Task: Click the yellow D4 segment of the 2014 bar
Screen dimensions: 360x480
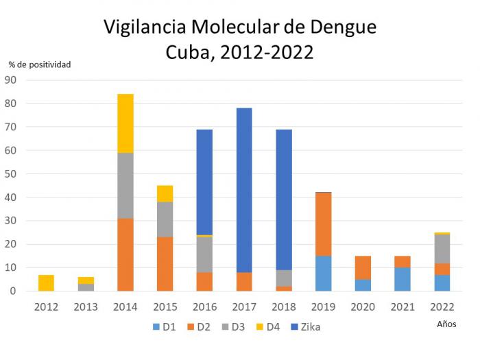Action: click(125, 123)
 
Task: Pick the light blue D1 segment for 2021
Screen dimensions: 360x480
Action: click(402, 279)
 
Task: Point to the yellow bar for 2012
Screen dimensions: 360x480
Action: click(46, 283)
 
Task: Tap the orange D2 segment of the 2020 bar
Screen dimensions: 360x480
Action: click(363, 267)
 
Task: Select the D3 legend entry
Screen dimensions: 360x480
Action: click(234, 327)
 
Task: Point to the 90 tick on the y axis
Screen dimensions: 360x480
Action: click(10, 80)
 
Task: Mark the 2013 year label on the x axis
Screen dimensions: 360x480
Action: click(86, 307)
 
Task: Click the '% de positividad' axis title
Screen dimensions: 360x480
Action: click(40, 64)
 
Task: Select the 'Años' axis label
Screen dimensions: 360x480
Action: click(446, 324)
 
